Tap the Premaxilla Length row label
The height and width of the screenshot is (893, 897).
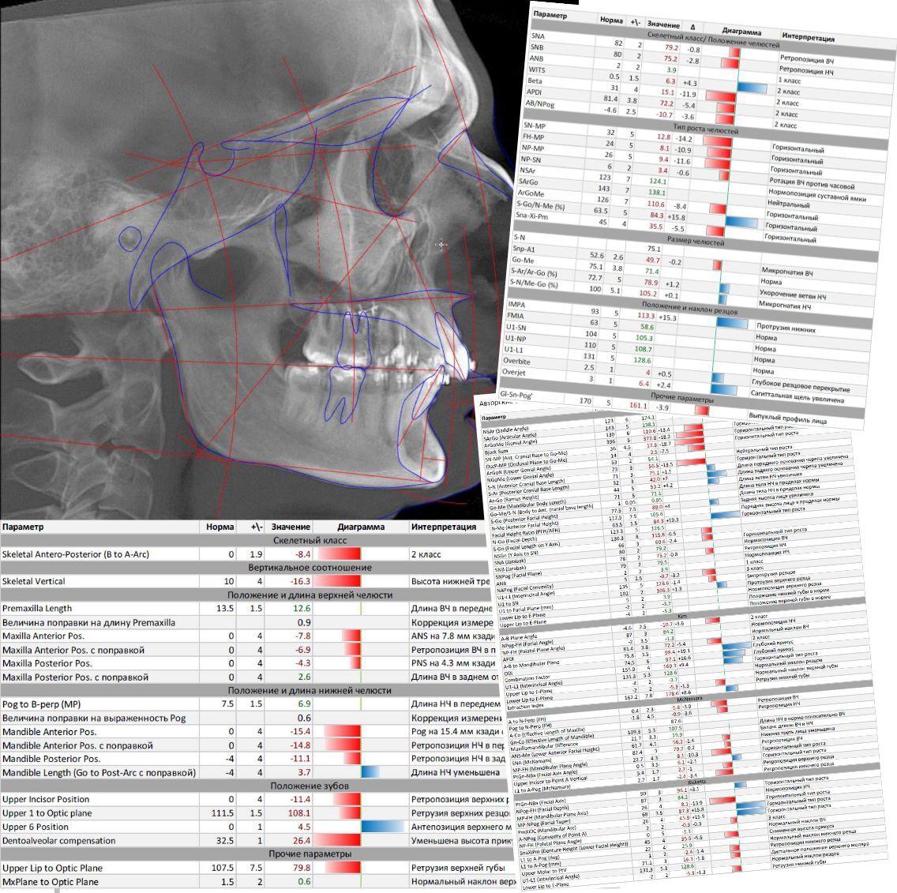tap(37, 609)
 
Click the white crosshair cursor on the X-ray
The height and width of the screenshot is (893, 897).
tap(441, 245)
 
